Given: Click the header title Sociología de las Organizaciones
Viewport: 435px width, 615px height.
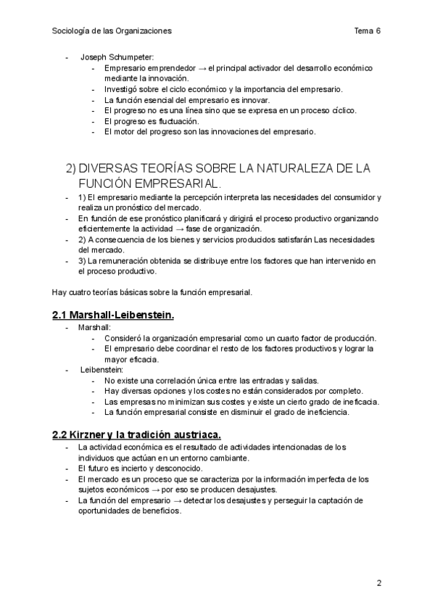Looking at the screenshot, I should (112, 30).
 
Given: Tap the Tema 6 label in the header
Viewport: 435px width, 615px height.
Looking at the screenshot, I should (368, 30).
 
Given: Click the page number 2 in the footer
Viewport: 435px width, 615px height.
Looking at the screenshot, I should (378, 582).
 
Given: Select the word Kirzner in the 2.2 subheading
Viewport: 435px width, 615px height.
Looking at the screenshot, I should (88, 434).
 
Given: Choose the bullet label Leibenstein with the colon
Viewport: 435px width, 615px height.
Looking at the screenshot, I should (101, 370).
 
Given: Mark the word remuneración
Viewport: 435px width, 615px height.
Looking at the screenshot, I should (130, 260).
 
